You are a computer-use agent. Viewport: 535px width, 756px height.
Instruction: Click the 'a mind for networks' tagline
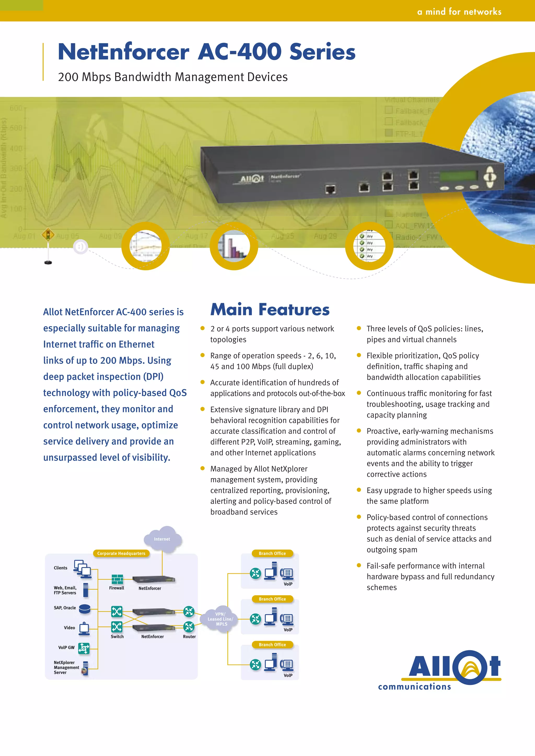tap(459, 12)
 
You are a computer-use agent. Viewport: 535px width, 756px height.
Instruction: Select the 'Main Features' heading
tap(270, 310)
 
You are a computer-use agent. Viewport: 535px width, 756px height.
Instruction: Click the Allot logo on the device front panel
tap(252, 179)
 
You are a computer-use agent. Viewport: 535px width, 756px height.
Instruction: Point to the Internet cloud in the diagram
tap(162, 539)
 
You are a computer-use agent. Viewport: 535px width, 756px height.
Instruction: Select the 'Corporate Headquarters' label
tap(121, 553)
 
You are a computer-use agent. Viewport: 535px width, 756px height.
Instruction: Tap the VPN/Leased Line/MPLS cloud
tap(220, 619)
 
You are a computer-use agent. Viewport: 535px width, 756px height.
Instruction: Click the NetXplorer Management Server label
tap(66, 668)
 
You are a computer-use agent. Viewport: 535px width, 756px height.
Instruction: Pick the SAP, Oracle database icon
tap(85, 609)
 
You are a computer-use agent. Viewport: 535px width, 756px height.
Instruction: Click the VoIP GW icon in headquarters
tap(84, 648)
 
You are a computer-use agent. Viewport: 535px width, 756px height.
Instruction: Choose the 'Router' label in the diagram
tap(189, 636)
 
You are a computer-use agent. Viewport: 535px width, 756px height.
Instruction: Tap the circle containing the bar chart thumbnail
tap(234, 246)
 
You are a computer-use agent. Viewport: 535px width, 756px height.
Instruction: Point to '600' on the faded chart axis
tap(16, 108)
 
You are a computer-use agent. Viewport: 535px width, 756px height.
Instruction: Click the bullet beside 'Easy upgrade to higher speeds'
tap(359, 490)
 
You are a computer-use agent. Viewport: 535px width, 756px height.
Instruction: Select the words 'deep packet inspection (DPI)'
tap(103, 376)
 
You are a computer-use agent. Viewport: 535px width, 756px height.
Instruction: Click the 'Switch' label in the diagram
tap(117, 636)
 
